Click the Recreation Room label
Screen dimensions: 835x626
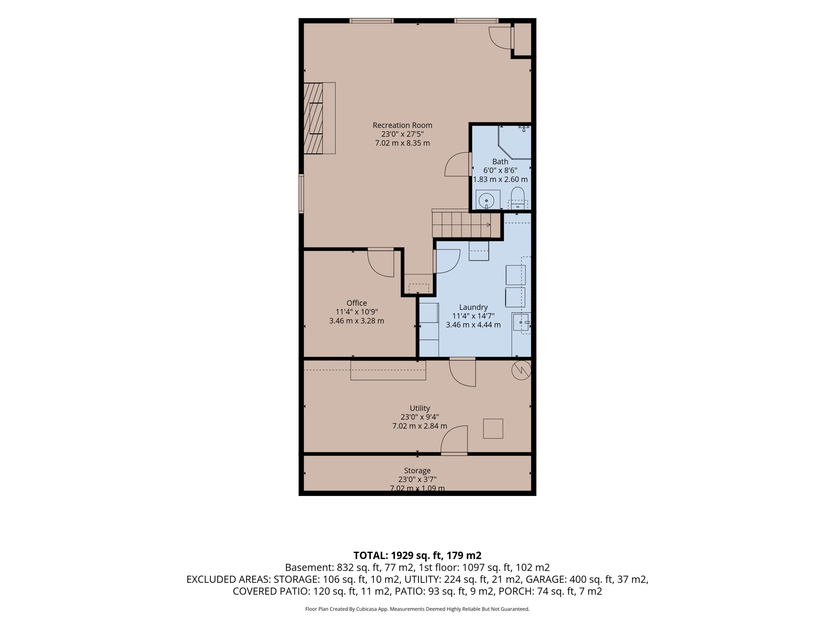(x=402, y=125)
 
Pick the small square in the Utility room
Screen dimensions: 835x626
(x=493, y=429)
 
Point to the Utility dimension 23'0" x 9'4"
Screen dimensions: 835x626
(x=420, y=417)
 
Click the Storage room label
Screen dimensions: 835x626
(x=417, y=471)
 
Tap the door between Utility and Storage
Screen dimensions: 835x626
(x=454, y=440)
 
